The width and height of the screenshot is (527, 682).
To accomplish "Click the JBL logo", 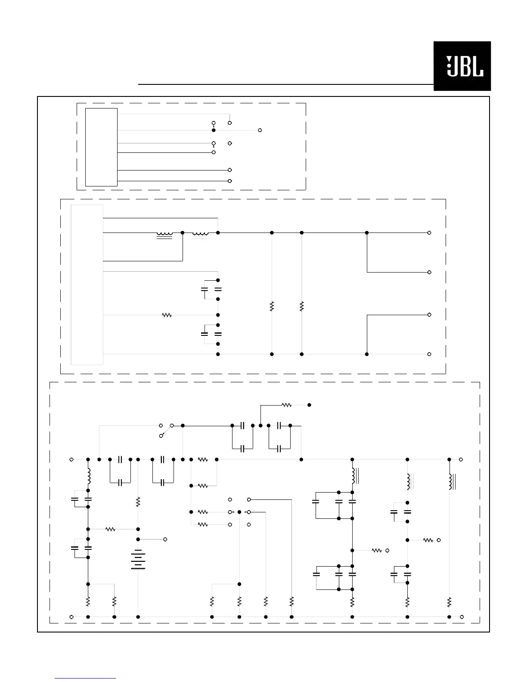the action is click(462, 66).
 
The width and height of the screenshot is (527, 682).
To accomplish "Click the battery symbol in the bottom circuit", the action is click(138, 559).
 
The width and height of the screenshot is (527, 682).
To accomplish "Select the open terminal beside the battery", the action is click(165, 539).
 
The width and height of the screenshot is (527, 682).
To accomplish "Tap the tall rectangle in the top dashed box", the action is click(101, 147).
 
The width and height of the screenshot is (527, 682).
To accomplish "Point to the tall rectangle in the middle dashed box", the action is click(87, 285).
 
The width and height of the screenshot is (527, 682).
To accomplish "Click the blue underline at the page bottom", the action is click(85, 679).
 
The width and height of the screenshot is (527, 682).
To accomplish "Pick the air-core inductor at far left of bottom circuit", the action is click(89, 476).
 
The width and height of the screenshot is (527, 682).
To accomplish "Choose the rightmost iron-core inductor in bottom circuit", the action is click(451, 481).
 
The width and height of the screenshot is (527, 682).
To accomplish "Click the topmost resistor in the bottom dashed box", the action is click(286, 405).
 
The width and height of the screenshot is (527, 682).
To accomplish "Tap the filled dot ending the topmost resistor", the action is click(309, 405).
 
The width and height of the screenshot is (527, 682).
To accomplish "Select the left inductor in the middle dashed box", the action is click(164, 234).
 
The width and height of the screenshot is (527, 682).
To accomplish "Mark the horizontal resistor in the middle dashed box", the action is click(167, 315).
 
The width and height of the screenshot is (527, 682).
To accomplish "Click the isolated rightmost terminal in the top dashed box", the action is click(260, 130).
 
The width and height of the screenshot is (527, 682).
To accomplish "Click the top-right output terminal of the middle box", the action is click(429, 232).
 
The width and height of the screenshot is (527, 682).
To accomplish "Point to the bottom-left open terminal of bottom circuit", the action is click(71, 617).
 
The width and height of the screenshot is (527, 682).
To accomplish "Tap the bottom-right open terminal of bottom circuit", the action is click(462, 617).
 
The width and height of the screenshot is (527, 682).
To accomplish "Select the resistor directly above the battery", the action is click(138, 502).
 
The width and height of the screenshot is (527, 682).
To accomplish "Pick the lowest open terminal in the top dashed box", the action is click(230, 181).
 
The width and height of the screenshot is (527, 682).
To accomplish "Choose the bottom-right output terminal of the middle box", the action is click(429, 354).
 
